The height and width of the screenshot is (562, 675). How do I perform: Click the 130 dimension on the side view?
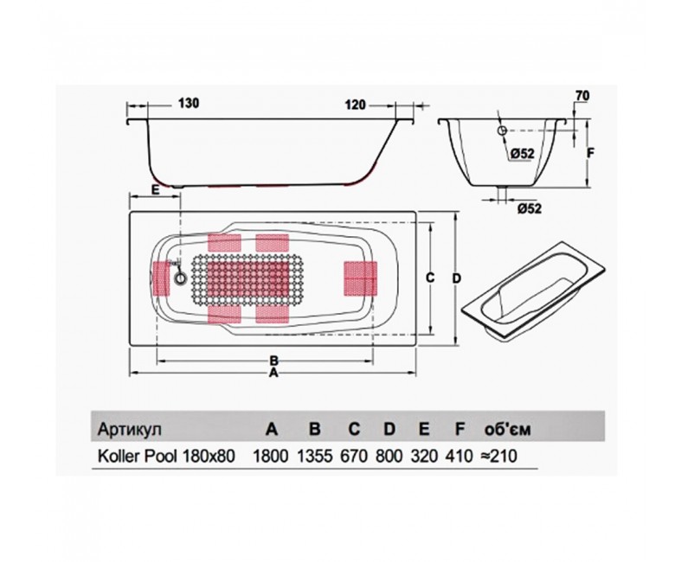[x=188, y=104]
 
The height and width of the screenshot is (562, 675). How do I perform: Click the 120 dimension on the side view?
[x=355, y=105]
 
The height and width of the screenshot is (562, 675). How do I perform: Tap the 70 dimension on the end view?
[x=582, y=96]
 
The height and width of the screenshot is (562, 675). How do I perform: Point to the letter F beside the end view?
[x=590, y=153]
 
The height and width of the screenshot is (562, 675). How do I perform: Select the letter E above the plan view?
[x=155, y=189]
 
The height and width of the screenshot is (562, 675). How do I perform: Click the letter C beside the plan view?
[x=429, y=278]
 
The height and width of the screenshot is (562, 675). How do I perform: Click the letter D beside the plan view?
[x=457, y=278]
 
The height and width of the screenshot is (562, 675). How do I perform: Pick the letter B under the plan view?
[x=273, y=360]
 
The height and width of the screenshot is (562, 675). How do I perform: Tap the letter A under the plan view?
[x=273, y=374]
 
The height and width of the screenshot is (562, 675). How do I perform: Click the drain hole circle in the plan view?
[x=180, y=278]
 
